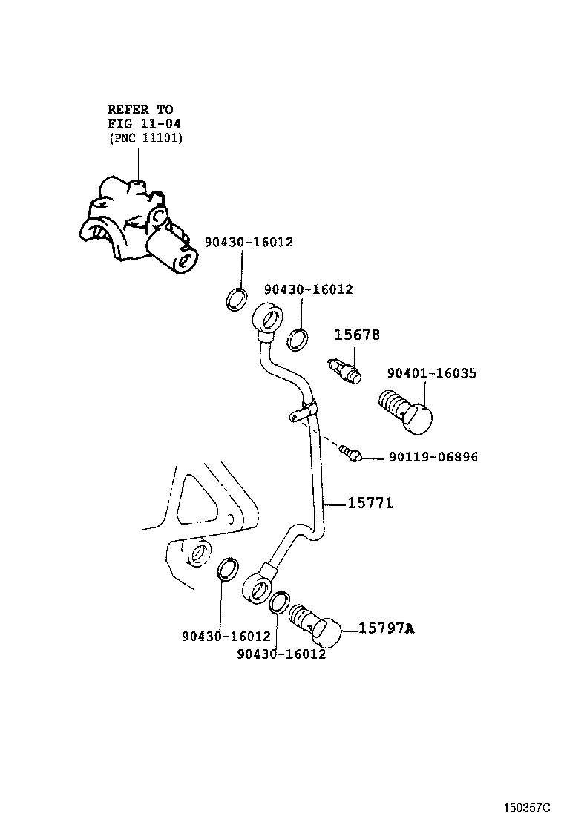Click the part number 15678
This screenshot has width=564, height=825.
pos(356,335)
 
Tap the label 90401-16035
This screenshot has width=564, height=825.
pos(430,373)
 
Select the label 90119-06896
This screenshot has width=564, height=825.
pos(433,457)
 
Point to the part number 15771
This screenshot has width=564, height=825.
pos(370,504)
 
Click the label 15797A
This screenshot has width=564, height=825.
pos(386,628)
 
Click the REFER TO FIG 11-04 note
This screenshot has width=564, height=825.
pos(145,123)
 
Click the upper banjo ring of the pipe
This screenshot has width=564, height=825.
pos(268,318)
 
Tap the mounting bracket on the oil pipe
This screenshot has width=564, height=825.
pos(301,412)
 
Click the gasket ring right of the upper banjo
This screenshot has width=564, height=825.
pos(298,338)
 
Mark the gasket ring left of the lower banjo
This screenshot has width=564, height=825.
pos(228,569)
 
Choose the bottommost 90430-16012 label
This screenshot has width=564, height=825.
pos(281,654)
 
